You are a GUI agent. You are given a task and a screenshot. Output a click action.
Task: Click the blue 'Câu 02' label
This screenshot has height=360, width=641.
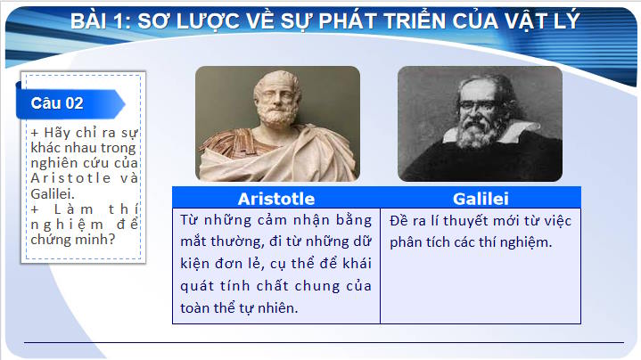tap(58, 103)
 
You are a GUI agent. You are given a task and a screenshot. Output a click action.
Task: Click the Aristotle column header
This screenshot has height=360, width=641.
tap(275, 198)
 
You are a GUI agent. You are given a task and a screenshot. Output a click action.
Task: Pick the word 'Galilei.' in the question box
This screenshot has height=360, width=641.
tap(53, 192)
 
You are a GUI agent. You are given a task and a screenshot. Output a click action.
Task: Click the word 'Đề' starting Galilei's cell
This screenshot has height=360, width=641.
tap(399, 220)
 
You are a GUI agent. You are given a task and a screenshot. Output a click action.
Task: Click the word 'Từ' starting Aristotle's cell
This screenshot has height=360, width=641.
tap(189, 220)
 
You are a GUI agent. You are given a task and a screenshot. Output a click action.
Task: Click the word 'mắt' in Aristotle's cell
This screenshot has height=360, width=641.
tap(193, 242)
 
